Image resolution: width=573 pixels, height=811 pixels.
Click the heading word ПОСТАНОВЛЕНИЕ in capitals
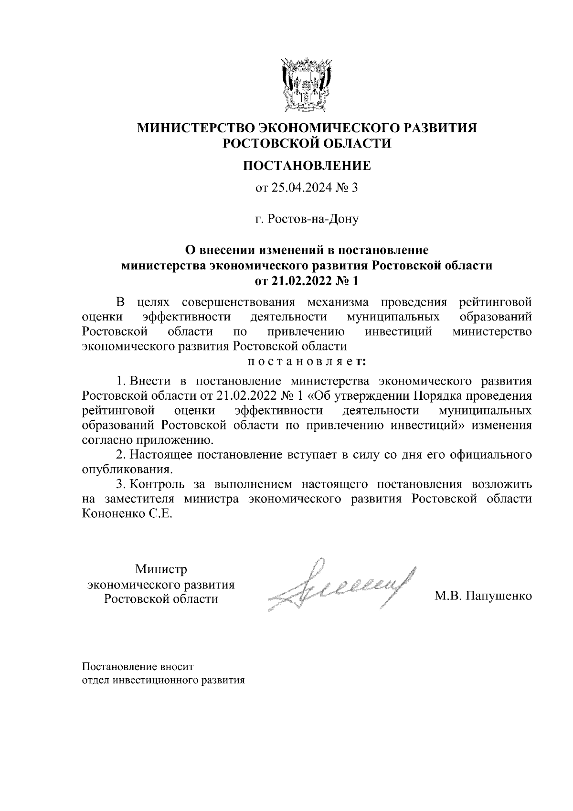coord(307,166)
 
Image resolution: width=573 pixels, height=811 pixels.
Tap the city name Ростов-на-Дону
coord(313,219)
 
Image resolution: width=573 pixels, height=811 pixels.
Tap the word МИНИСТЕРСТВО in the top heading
coord(195,128)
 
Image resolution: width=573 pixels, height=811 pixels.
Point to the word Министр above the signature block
coord(161,569)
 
